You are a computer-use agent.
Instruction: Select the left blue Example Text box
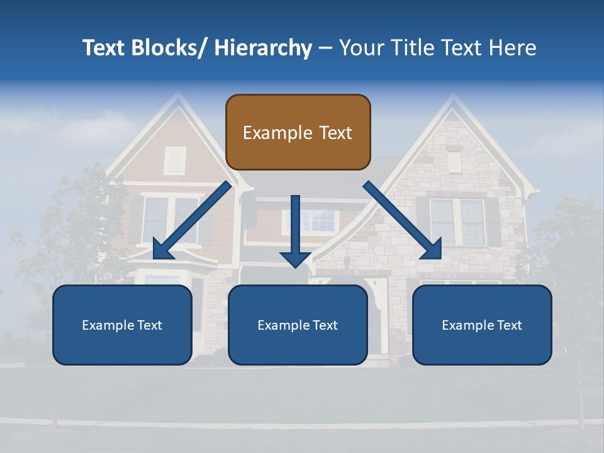click(122, 325)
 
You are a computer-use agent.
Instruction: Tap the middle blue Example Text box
click(298, 325)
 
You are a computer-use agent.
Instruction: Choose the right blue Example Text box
click(482, 325)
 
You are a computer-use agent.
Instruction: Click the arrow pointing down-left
click(192, 221)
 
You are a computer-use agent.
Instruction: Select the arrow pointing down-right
click(403, 221)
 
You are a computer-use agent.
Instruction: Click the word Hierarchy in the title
click(262, 48)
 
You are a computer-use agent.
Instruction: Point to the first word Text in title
click(106, 48)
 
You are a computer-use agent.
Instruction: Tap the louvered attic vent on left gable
click(175, 160)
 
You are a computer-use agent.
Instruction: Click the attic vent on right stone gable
click(454, 162)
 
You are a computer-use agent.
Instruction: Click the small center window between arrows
click(318, 220)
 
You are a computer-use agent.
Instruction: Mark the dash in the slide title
click(325, 48)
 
